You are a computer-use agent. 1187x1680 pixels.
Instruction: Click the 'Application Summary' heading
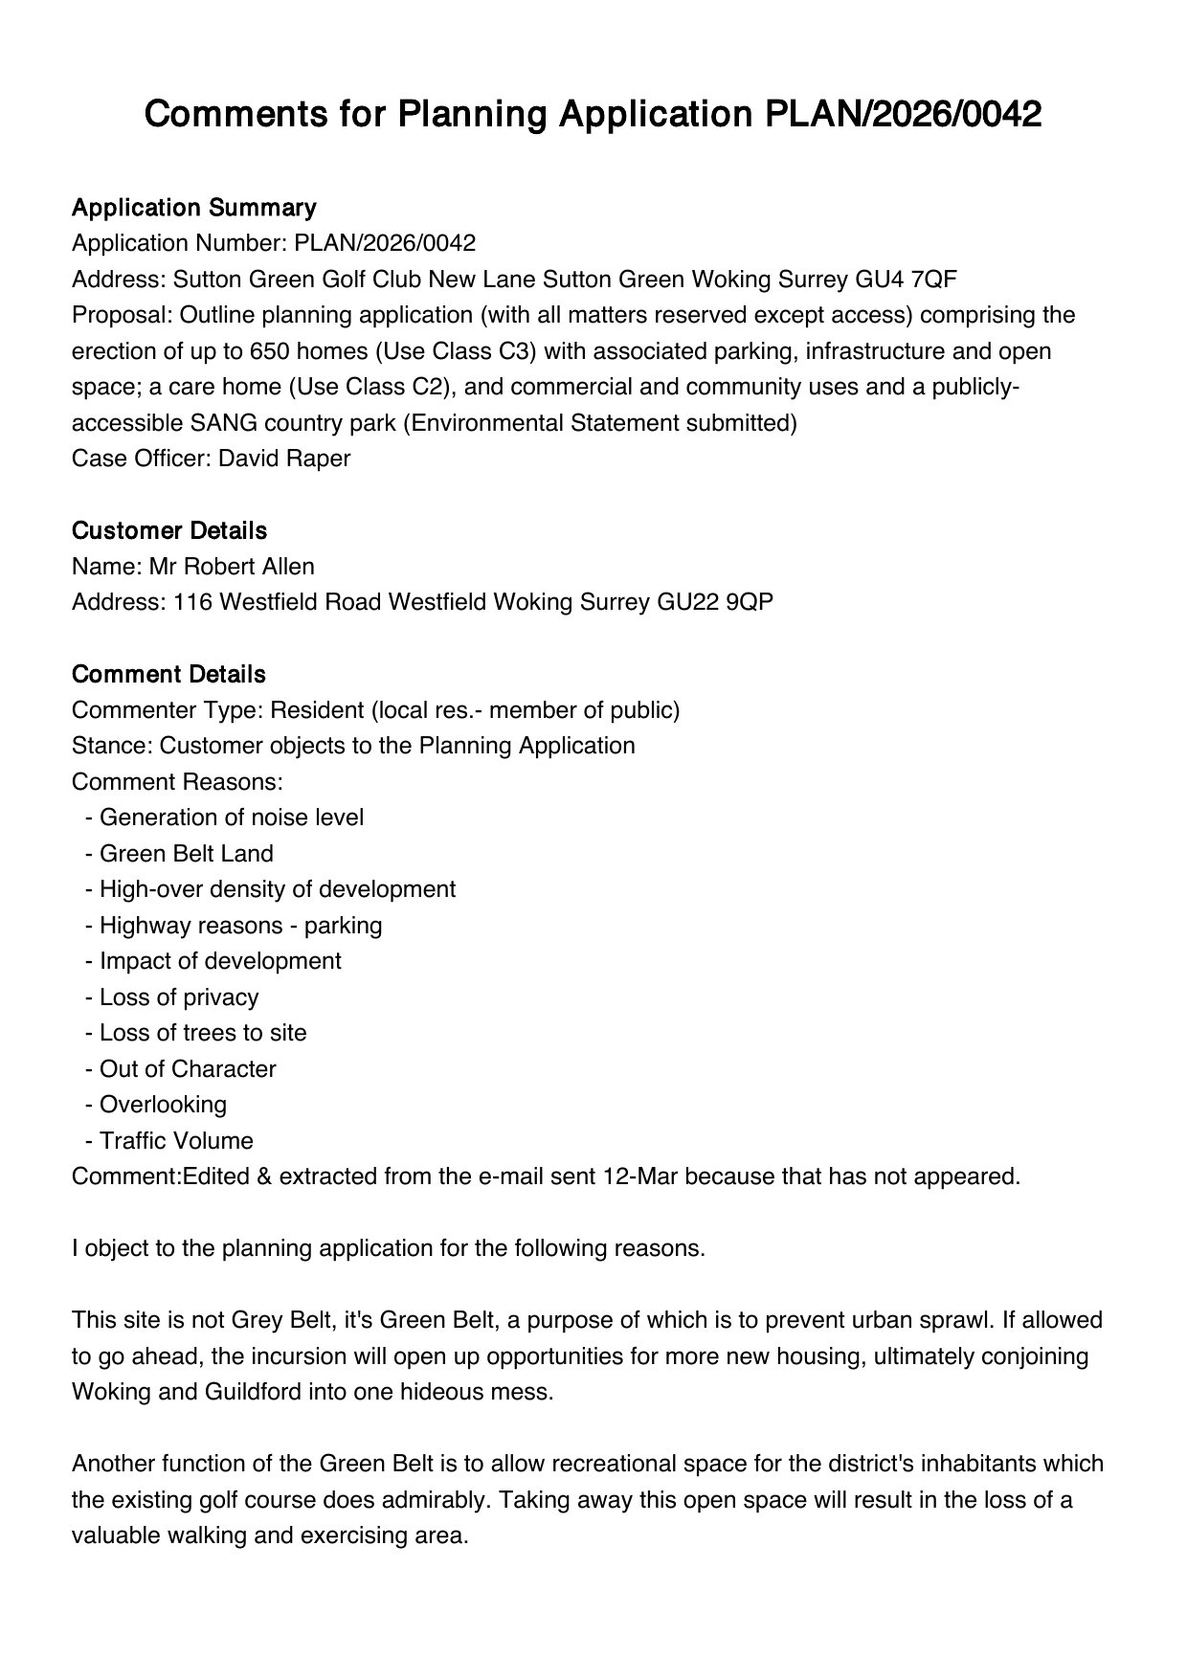coord(193,208)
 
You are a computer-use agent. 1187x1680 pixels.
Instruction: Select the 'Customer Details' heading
coord(169,530)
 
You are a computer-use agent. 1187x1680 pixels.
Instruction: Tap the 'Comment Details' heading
coord(168,674)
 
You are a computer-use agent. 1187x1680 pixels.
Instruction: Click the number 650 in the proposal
coord(269,351)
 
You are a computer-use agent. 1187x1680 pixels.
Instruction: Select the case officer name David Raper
coord(284,459)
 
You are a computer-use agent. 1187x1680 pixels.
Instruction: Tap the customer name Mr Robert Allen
coord(232,567)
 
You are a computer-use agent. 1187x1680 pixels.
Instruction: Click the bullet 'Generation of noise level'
coord(231,818)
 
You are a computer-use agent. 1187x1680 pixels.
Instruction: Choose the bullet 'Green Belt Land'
coord(186,854)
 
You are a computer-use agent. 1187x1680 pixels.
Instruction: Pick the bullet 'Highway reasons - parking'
coord(240,926)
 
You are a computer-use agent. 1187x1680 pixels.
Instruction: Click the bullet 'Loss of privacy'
coord(179,997)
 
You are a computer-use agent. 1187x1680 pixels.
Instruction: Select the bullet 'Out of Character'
coord(188,1069)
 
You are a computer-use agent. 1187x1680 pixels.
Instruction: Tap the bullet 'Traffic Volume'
coord(176,1141)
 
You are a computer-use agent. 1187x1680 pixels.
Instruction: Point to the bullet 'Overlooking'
coord(163,1105)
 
